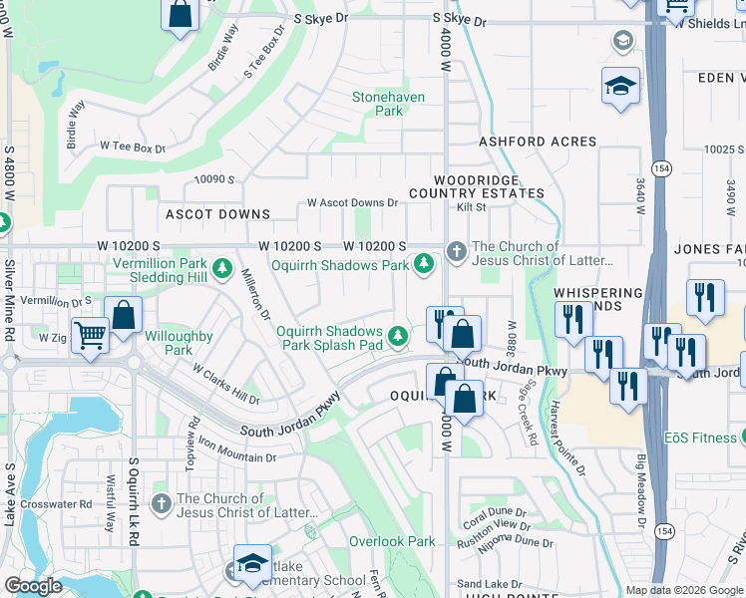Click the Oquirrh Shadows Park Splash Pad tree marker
click(399, 336)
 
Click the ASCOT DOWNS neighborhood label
click(217, 214)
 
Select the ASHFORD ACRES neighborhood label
click(537, 143)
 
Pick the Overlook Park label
click(392, 541)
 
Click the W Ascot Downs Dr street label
click(352, 202)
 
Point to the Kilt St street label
click(471, 207)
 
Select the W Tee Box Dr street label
click(132, 148)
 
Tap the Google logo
click(33, 586)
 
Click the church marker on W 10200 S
click(457, 249)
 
